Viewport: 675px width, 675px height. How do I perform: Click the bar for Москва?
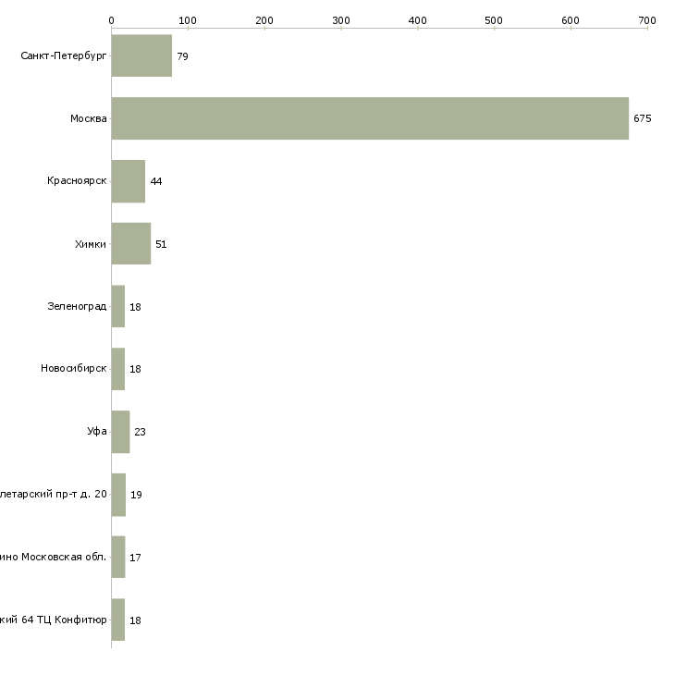(x=370, y=118)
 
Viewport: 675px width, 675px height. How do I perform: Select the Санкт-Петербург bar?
(x=141, y=55)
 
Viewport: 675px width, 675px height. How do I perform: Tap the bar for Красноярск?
(x=128, y=181)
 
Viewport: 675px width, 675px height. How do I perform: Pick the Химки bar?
(x=130, y=244)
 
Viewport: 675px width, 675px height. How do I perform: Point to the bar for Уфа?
(x=120, y=432)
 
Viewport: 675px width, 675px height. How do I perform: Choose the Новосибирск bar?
(x=117, y=369)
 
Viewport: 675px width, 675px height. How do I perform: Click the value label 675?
(x=643, y=118)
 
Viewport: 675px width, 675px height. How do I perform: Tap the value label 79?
(x=182, y=56)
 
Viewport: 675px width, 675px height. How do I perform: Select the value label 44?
(x=155, y=181)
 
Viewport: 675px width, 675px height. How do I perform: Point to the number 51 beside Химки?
(x=161, y=244)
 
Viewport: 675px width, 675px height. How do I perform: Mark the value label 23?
(x=140, y=432)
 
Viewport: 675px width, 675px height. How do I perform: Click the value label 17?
(x=135, y=558)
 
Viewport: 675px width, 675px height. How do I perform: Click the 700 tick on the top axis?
(x=647, y=19)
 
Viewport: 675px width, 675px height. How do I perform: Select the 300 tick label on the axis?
(x=341, y=19)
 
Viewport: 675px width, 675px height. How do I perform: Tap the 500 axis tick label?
(x=494, y=19)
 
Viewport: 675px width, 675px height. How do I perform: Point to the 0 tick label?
(x=111, y=19)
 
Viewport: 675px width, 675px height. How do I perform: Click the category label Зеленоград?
(x=77, y=307)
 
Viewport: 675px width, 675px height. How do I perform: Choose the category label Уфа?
(x=97, y=432)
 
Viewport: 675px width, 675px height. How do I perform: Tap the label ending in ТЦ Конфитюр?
(x=54, y=620)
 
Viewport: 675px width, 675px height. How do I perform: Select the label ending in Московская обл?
(x=54, y=558)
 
